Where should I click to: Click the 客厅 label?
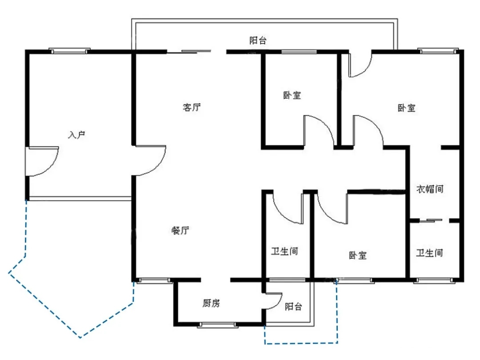192,107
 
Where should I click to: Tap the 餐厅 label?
180,231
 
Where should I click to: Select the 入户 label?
77,134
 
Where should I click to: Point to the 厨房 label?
211,304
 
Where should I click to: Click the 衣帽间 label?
430,189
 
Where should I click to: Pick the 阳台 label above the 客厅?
258,40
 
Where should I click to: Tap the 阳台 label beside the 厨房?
293,306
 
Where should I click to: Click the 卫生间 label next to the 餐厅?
284,251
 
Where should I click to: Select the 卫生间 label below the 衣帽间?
429,253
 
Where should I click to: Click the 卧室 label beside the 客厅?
292,95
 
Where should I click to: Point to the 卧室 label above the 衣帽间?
407,108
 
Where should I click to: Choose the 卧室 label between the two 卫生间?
358,256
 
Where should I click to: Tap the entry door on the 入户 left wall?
41,161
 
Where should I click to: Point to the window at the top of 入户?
69,51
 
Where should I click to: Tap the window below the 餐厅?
153,280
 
